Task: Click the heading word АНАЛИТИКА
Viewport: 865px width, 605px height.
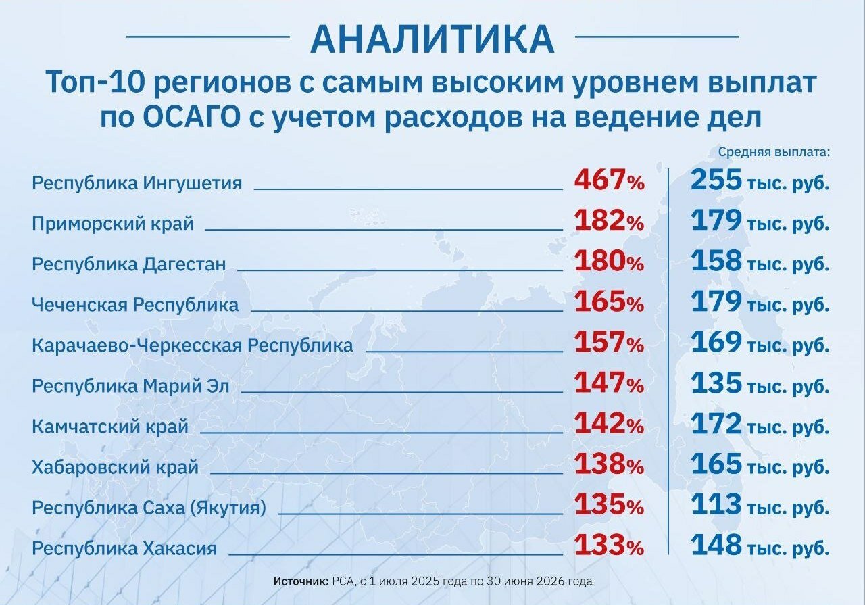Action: click(432, 39)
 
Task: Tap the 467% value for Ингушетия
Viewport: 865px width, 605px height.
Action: click(610, 180)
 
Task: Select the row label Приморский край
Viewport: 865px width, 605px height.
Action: click(113, 224)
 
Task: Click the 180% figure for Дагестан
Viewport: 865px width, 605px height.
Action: click(610, 262)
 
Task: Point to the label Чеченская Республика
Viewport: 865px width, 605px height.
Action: click(135, 305)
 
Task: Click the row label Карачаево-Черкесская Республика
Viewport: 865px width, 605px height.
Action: click(193, 345)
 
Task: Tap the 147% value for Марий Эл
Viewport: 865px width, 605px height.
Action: click(610, 383)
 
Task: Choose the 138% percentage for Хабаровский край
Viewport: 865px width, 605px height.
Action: click(610, 465)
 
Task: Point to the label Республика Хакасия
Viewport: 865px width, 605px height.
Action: click(124, 549)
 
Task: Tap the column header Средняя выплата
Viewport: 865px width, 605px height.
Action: click(774, 152)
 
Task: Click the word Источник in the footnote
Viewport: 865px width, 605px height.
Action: click(301, 581)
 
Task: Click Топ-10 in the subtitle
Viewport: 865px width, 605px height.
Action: click(96, 82)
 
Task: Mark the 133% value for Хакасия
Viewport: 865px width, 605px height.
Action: click(610, 546)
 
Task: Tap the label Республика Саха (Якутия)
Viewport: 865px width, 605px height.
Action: click(149, 508)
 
